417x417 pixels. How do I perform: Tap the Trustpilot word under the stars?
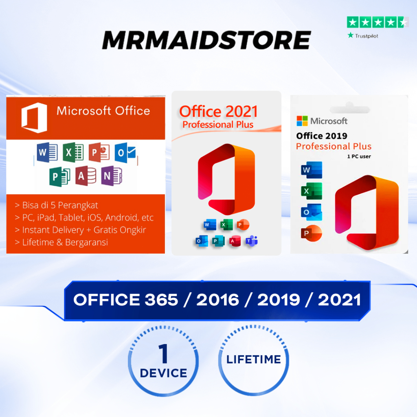[x=366, y=36]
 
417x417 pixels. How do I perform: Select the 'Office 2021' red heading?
[x=218, y=112]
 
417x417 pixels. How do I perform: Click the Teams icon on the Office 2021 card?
[x=251, y=241]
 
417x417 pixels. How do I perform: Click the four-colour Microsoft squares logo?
[x=302, y=121]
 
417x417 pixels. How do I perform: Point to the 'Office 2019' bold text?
[x=322, y=136]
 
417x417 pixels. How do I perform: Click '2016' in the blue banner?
[x=217, y=300]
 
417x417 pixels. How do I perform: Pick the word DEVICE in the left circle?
[x=163, y=373]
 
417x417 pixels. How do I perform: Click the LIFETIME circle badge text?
[x=254, y=359]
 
